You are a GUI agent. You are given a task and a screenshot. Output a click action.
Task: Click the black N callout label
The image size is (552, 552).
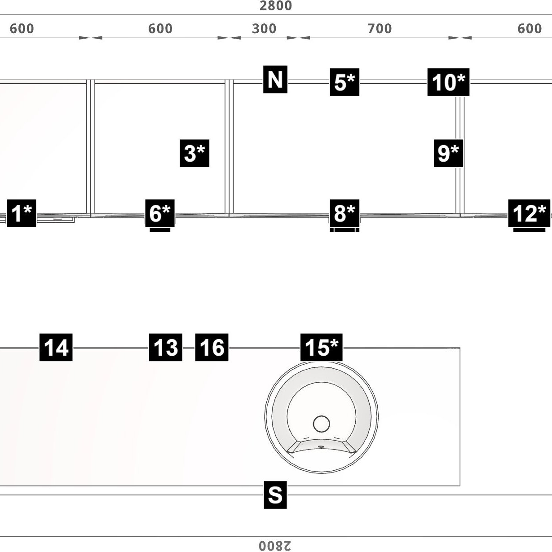(x=275, y=79)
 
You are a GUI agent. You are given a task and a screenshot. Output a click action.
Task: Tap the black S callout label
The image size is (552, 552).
(x=275, y=495)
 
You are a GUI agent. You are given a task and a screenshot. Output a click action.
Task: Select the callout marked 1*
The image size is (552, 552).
(x=21, y=213)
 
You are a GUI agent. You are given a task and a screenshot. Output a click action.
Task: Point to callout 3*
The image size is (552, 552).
(x=194, y=153)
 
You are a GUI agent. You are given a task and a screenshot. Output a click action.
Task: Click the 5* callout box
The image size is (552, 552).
(x=344, y=82)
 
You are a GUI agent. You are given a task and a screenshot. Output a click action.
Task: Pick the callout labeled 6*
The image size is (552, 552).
(x=159, y=213)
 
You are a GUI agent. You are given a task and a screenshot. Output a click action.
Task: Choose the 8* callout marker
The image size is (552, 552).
(x=344, y=213)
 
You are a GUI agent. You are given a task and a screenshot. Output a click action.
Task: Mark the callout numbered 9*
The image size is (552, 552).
(x=448, y=153)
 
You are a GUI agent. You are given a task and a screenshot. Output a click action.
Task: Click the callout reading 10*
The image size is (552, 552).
(x=448, y=82)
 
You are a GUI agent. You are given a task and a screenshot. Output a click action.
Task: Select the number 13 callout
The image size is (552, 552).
(x=165, y=347)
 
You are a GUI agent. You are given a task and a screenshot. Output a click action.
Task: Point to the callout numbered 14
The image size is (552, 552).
(x=56, y=347)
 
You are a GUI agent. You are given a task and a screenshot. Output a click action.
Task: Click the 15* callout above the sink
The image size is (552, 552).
(x=321, y=347)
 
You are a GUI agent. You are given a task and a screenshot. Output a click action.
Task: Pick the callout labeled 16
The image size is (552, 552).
(x=212, y=347)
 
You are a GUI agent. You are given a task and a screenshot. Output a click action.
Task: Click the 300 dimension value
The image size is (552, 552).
(x=264, y=29)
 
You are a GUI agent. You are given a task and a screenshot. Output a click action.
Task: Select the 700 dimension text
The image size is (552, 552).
(x=380, y=29)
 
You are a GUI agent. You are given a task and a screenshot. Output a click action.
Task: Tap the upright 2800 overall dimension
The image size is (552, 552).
(x=276, y=6)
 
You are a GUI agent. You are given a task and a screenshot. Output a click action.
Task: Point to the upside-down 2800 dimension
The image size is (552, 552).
(x=275, y=546)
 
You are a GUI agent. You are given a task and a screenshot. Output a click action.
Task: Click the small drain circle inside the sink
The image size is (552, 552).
(x=321, y=424)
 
